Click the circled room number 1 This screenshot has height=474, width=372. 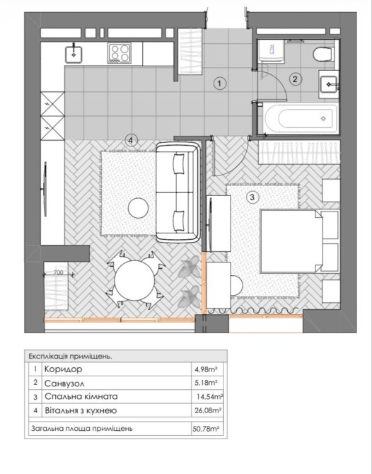point(220,83)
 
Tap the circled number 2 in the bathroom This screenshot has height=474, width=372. point(295,79)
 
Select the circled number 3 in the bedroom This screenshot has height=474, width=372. point(252,197)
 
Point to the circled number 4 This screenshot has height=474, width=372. point(131,140)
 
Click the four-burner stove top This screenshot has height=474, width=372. point(120,52)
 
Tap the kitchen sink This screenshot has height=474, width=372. point(74,54)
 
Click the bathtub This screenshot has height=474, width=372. point(301,118)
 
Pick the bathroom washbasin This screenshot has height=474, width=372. point(329,85)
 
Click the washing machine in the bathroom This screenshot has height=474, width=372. point(272,51)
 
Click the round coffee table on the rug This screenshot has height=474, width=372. point(138,208)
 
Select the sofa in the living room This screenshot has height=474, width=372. point(178,192)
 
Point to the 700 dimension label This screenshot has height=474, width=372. point(58,272)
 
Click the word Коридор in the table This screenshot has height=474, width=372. point(63,369)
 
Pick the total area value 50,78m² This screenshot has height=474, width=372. point(206,429)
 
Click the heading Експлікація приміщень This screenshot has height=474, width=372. point(71,356)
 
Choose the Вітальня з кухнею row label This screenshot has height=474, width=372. point(81,411)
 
